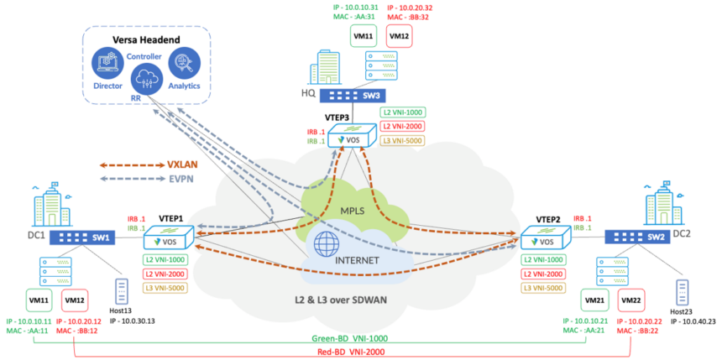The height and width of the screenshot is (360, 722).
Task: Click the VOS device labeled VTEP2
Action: coord(543,240)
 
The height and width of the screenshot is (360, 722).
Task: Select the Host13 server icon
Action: coord(120,292)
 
